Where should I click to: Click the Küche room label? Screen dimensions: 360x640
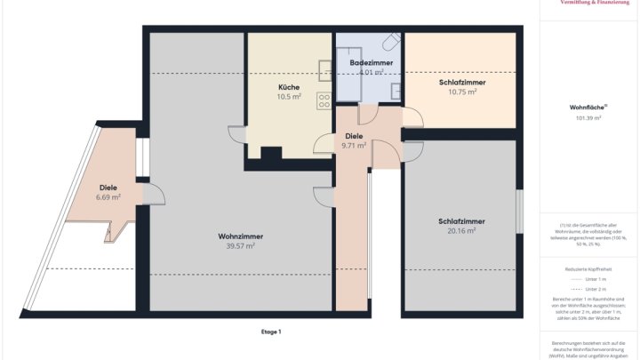(289, 87)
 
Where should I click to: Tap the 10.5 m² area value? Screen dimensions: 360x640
(289, 96)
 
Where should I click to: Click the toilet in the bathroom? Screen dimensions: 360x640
(390, 42)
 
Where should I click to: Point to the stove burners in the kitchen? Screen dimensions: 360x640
(324, 99)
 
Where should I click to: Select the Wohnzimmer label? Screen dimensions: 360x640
(240, 236)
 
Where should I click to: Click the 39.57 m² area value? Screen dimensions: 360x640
(240, 245)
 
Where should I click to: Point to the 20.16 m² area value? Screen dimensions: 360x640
(461, 230)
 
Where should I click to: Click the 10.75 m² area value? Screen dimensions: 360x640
(461, 91)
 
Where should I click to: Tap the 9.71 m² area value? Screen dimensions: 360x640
(354, 145)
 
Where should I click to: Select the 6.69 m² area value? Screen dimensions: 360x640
(108, 197)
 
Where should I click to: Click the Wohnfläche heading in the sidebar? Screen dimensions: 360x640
(586, 107)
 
